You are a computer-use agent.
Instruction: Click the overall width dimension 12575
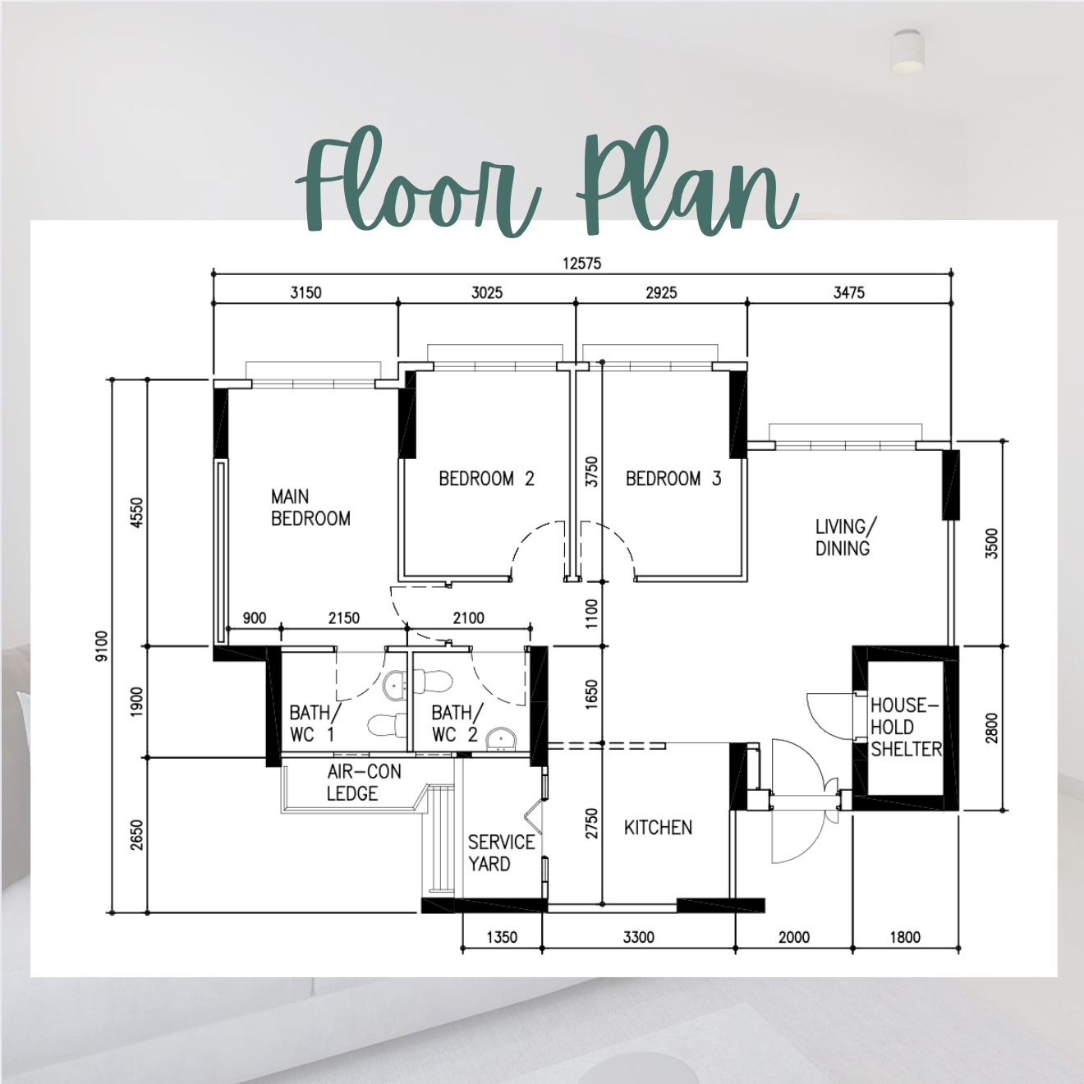pyautogui.click(x=581, y=264)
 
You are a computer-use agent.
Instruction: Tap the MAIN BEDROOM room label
pyautogui.click(x=310, y=508)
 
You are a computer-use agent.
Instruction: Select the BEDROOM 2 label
pyautogui.click(x=487, y=479)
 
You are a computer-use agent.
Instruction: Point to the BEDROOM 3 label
pyautogui.click(x=673, y=479)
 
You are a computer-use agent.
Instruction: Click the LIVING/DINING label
pyautogui.click(x=846, y=537)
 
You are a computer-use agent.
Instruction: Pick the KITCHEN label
pyautogui.click(x=658, y=828)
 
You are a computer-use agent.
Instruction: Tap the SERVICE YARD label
pyautogui.click(x=501, y=852)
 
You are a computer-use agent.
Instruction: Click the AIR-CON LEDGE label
pyautogui.click(x=364, y=783)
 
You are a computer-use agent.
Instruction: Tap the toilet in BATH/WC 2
pyautogui.click(x=433, y=682)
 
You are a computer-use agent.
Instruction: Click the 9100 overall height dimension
pyautogui.click(x=102, y=645)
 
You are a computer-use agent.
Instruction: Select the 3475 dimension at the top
pyautogui.click(x=849, y=292)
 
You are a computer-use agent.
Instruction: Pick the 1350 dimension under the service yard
pyautogui.click(x=502, y=937)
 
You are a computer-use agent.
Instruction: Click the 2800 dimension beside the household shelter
pyautogui.click(x=992, y=728)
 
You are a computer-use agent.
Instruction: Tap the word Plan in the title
pyautogui.click(x=687, y=184)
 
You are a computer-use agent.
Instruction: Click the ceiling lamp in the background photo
pyautogui.click(x=909, y=52)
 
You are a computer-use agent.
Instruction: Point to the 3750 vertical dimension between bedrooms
pyautogui.click(x=591, y=472)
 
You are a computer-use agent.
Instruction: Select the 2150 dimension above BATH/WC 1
pyautogui.click(x=344, y=618)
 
